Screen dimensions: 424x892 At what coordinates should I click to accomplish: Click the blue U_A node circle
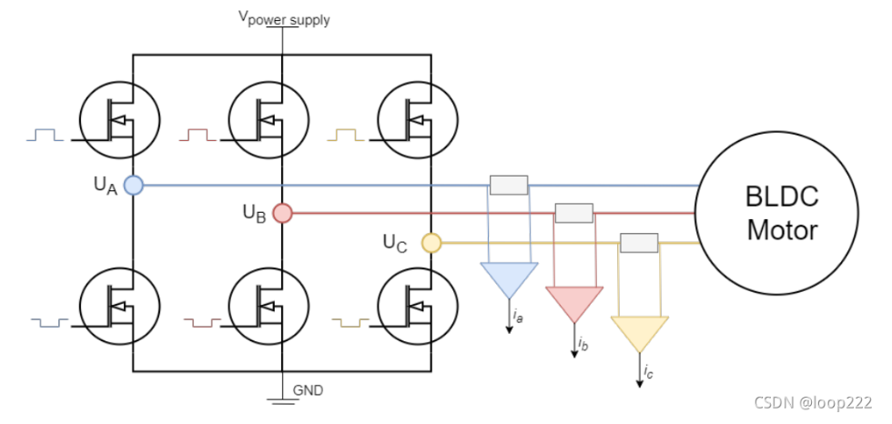134,186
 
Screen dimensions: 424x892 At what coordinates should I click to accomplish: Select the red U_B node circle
282,214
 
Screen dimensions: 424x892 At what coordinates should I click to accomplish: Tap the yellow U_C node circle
431,243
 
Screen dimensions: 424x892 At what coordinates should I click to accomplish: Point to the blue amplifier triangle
510,278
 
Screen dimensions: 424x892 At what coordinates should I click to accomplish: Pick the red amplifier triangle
574,300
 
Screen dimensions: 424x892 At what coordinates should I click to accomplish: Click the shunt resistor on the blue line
509,186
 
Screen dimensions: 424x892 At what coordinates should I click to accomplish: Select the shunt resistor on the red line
573,214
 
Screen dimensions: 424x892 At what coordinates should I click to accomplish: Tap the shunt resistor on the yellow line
638,243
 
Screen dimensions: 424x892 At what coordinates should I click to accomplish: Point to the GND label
308,390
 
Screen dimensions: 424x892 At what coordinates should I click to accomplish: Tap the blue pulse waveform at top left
46,136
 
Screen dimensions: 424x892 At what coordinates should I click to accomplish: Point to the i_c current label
647,371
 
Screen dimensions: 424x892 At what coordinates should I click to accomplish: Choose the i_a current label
518,317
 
